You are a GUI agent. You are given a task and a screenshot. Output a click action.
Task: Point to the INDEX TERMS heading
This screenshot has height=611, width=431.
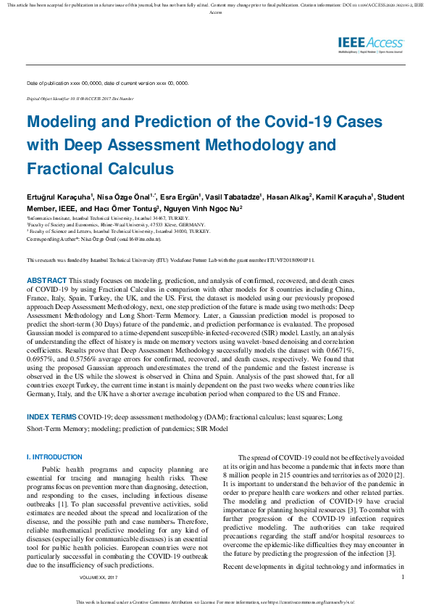coord(51,418)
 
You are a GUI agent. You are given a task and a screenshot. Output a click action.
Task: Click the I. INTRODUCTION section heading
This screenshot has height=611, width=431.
coord(54,457)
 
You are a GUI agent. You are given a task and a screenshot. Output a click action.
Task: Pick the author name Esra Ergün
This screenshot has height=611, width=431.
coord(180,197)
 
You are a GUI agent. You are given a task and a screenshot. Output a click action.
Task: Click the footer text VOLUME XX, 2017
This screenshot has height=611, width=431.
coord(97,578)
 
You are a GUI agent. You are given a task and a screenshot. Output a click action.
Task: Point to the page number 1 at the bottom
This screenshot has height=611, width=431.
coord(402,578)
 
